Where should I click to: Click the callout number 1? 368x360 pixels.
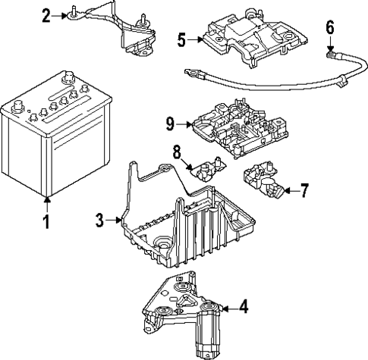coord(46,222)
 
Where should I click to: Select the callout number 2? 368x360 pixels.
coord(46,14)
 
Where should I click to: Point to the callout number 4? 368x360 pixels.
coord(244,307)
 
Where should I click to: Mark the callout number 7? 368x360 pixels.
coord(304,190)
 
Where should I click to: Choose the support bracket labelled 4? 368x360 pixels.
coord(186,311)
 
